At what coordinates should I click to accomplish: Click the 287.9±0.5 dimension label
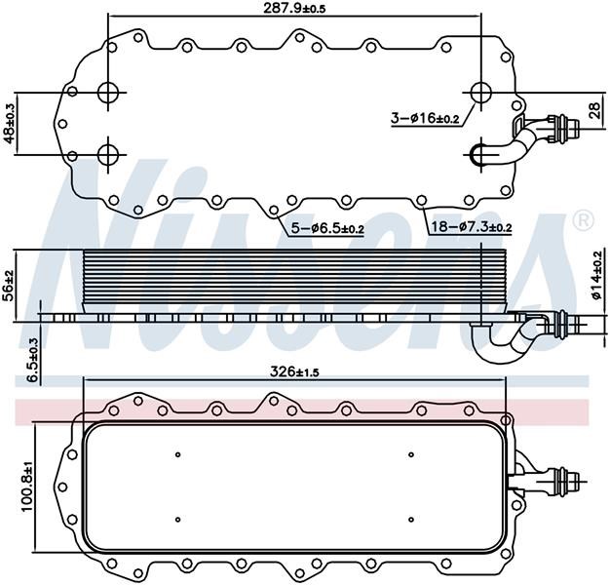(294, 8)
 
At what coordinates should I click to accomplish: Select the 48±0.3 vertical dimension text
(9, 124)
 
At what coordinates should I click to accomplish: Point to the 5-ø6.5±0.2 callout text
(327, 228)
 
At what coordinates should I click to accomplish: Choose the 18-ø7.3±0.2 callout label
(472, 226)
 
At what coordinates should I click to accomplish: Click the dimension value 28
(594, 110)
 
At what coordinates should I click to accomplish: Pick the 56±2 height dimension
(8, 286)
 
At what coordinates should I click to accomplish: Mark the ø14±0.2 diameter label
(596, 276)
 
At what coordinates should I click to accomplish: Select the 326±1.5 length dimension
(294, 372)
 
